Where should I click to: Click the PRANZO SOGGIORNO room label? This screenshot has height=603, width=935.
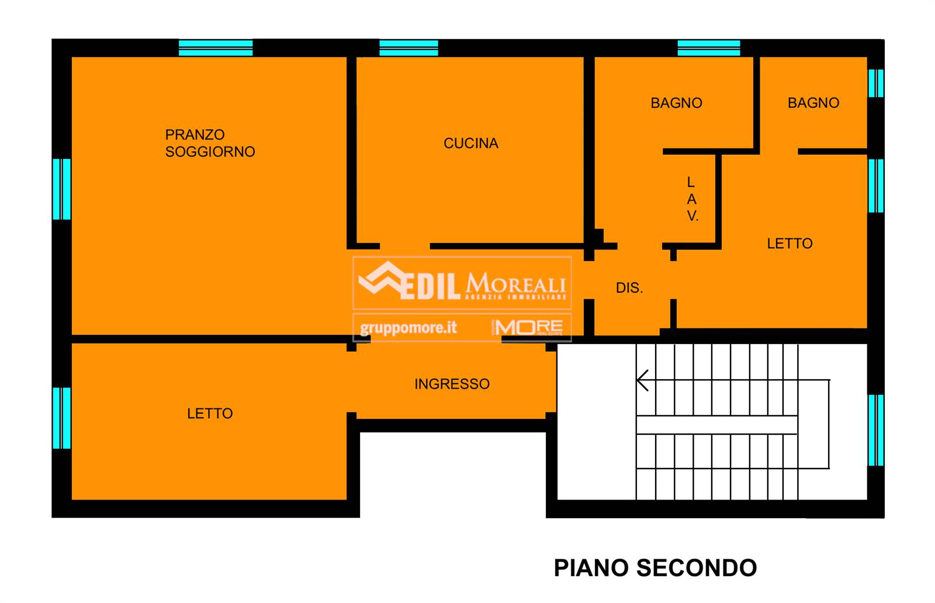210,143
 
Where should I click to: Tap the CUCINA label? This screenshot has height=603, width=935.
471,143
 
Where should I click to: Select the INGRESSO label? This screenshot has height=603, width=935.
452,384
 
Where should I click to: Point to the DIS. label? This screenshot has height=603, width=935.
629,287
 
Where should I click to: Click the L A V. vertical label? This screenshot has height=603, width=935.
692,199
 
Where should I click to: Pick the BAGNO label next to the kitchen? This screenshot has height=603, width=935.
676,103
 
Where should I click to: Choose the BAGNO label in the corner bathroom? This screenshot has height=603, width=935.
813,103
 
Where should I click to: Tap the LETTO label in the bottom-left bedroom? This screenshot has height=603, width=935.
210,413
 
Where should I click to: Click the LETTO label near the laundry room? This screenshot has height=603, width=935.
789,243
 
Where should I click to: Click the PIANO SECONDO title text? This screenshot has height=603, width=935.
655,568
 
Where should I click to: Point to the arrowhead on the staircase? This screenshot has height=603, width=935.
642,380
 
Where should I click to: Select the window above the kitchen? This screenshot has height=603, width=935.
408,48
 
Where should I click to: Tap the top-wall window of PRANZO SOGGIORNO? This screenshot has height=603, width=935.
216,48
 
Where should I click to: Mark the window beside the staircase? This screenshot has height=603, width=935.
876,430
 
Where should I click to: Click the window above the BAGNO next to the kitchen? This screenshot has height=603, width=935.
709,48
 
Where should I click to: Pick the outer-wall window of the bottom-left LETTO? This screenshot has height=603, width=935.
62,418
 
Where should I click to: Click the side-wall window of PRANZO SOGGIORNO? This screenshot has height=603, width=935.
62,189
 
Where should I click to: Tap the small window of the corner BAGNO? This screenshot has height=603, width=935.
876,83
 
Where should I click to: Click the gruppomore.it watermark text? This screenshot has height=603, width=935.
408,328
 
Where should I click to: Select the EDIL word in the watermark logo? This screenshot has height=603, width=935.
430,286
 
